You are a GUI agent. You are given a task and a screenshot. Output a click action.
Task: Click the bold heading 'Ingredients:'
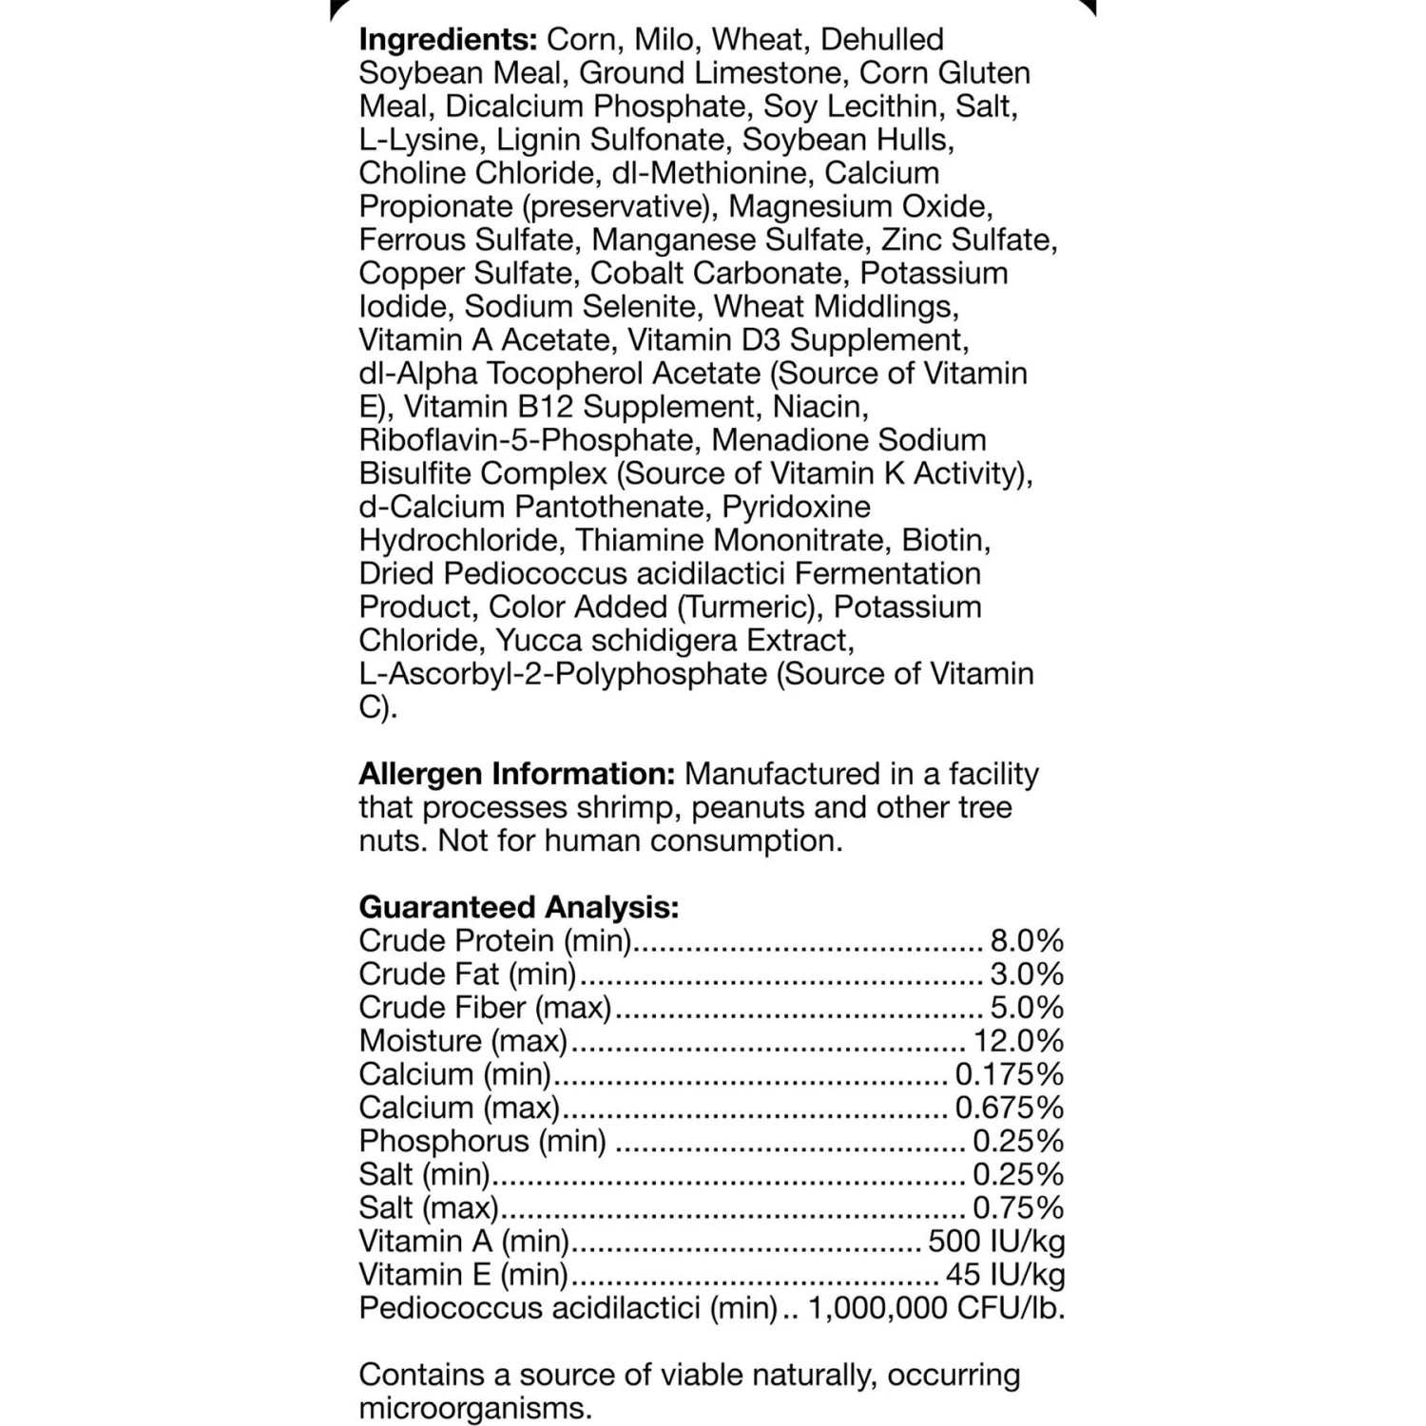(448, 40)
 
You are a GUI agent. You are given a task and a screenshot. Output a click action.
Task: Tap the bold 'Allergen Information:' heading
(516, 774)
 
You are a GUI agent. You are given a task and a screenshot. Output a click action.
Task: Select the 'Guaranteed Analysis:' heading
(518, 907)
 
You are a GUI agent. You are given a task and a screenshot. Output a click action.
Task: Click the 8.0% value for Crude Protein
(1027, 941)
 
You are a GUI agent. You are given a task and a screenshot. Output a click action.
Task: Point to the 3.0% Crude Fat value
(1027, 974)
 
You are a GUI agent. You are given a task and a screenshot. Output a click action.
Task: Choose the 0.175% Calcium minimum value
(1009, 1074)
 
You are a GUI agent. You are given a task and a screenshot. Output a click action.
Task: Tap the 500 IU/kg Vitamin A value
(996, 1242)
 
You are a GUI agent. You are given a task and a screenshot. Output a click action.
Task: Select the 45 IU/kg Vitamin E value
(1005, 1275)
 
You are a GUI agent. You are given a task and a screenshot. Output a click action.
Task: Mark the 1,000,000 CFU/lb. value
(936, 1308)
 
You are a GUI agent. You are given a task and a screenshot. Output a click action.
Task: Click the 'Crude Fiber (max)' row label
(485, 1008)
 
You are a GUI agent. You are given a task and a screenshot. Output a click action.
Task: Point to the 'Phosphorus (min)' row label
(482, 1141)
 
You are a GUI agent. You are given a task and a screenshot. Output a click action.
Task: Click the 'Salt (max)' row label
(428, 1208)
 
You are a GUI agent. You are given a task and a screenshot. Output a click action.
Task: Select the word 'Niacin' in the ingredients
(820, 407)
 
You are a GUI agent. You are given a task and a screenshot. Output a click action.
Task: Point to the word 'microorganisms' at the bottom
(474, 1409)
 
